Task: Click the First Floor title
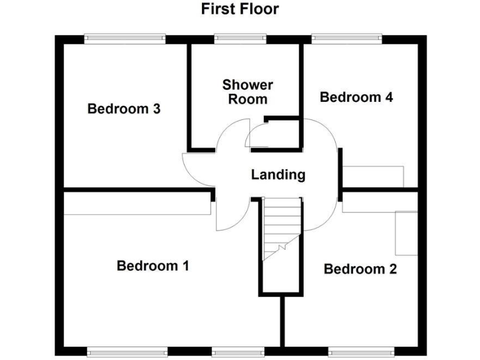tap(239, 9)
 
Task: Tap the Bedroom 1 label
tap(152, 266)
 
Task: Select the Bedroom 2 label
tap(360, 269)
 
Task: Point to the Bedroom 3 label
tap(124, 109)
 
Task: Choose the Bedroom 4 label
tap(356, 97)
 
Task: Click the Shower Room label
tap(247, 92)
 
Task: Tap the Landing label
tap(278, 175)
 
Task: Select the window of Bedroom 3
tap(125, 39)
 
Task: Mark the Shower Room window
tap(241, 39)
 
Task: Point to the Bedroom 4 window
tap(346, 39)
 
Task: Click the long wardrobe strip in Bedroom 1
tap(137, 204)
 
